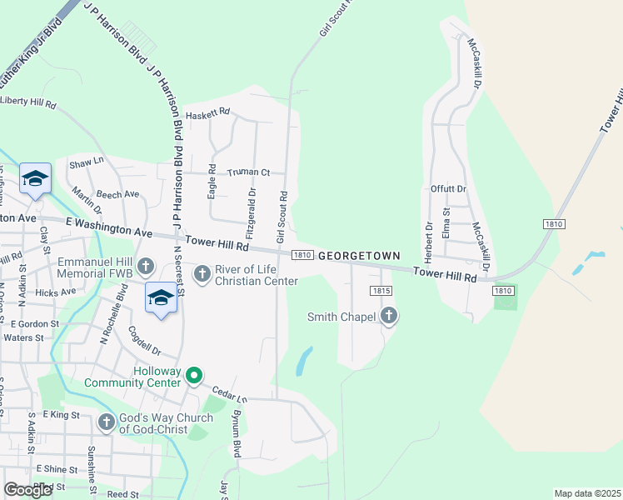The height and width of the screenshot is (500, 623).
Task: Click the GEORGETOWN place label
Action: (359, 256)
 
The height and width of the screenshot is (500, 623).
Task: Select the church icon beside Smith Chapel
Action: (389, 316)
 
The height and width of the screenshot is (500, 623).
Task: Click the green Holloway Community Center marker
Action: (193, 377)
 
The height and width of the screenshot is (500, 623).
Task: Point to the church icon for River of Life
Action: (202, 274)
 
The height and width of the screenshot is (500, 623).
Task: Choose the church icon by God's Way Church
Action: (107, 422)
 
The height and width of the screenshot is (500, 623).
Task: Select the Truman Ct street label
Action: (249, 172)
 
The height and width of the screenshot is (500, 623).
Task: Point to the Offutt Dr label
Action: (448, 189)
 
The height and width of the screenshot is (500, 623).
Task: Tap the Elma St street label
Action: (446, 222)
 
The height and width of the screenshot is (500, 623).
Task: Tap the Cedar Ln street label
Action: (229, 392)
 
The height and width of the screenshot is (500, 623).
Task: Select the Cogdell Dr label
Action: (144, 340)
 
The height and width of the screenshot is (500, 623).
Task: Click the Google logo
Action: (28, 490)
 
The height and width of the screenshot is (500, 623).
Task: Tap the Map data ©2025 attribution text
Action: (587, 493)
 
